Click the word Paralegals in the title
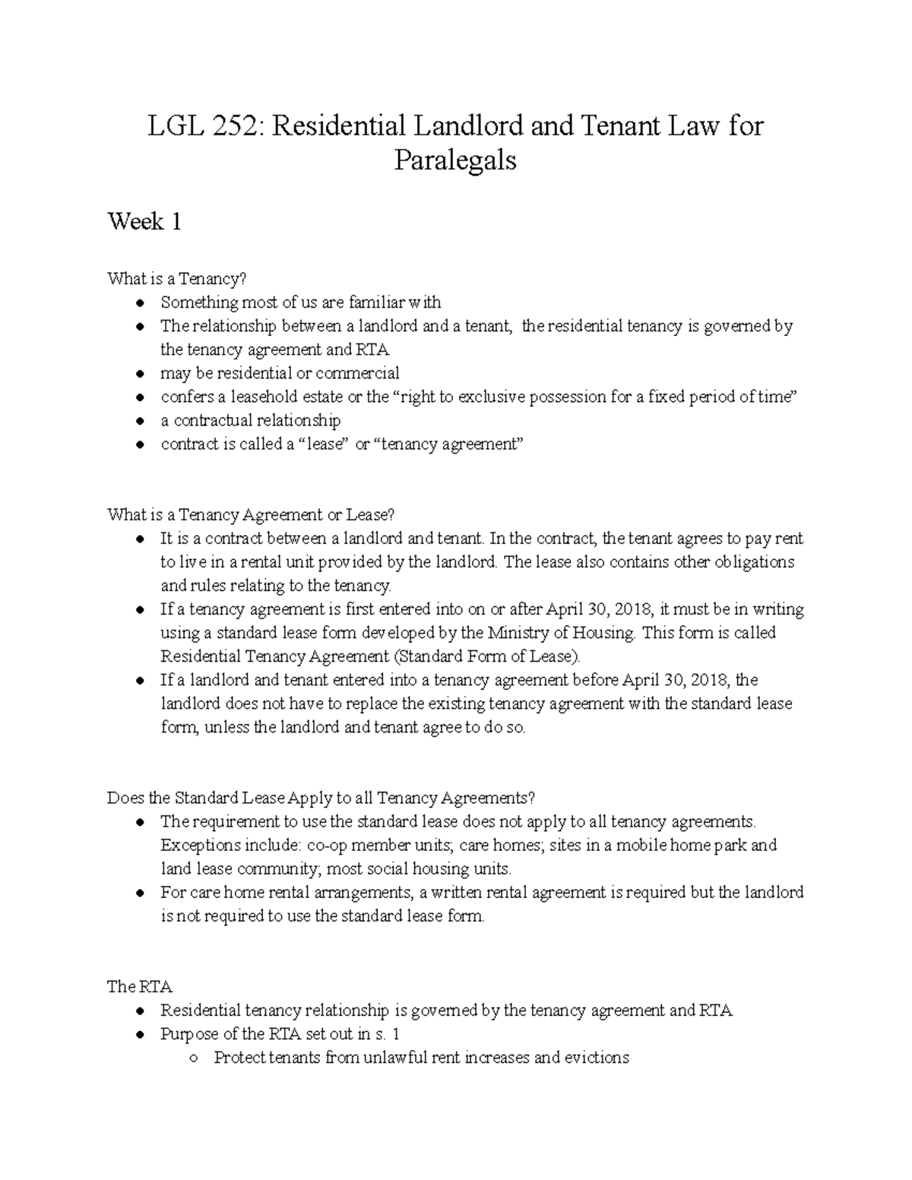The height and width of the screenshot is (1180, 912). click(455, 160)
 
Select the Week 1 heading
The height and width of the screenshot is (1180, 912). click(144, 222)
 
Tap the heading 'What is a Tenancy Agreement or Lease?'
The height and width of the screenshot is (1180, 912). click(251, 515)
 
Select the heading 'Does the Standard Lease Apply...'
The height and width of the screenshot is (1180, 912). click(321, 798)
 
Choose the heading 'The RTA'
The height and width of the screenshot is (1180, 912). click(140, 986)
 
